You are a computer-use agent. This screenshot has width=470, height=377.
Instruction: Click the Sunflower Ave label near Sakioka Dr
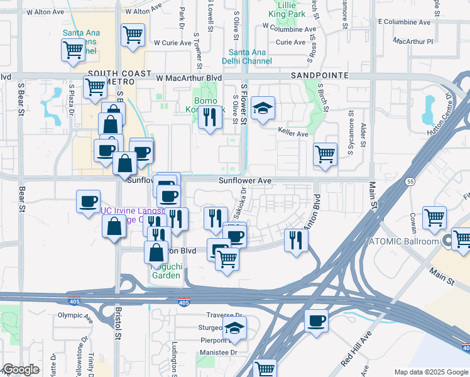point(244,180)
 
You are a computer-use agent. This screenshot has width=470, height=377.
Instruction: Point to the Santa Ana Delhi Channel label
point(250,57)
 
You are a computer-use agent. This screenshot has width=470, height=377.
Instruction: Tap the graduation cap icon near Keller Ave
point(263,108)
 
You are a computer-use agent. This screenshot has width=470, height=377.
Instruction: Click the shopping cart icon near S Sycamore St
point(325,154)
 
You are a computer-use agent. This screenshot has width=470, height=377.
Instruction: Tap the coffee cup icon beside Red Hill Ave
point(316,322)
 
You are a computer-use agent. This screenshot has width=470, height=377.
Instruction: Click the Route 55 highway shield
point(409,181)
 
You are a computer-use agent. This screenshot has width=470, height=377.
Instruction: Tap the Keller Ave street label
point(293,134)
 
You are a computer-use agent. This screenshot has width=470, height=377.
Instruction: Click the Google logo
point(20,369)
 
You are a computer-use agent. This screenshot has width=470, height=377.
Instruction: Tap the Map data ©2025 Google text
point(431,372)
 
